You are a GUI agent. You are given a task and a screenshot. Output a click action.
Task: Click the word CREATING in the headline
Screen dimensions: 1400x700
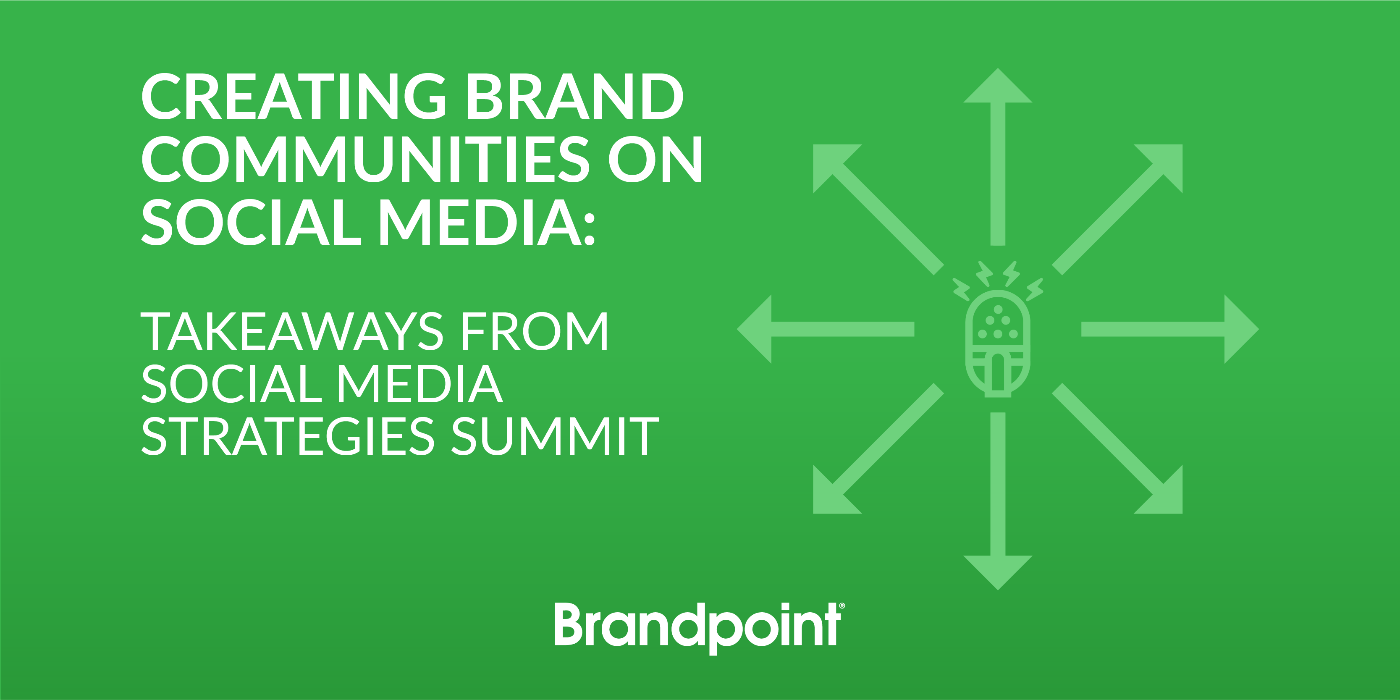[x=294, y=96]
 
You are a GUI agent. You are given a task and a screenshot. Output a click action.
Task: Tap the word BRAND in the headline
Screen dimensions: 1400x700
[x=575, y=96]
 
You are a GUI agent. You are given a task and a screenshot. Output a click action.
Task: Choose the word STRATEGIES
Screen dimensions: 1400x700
[x=288, y=436]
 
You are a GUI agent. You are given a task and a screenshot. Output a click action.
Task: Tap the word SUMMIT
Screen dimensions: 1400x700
[x=555, y=436]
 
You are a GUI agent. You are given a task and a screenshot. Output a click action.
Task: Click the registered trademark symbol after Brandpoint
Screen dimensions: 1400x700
[x=842, y=606]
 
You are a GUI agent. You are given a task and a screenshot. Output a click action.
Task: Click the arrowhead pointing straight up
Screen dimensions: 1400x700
[x=997, y=87]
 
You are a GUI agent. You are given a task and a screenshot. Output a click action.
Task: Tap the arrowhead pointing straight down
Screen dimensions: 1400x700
[x=997, y=572]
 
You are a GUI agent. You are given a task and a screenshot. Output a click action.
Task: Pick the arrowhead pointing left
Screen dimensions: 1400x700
[x=755, y=329]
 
